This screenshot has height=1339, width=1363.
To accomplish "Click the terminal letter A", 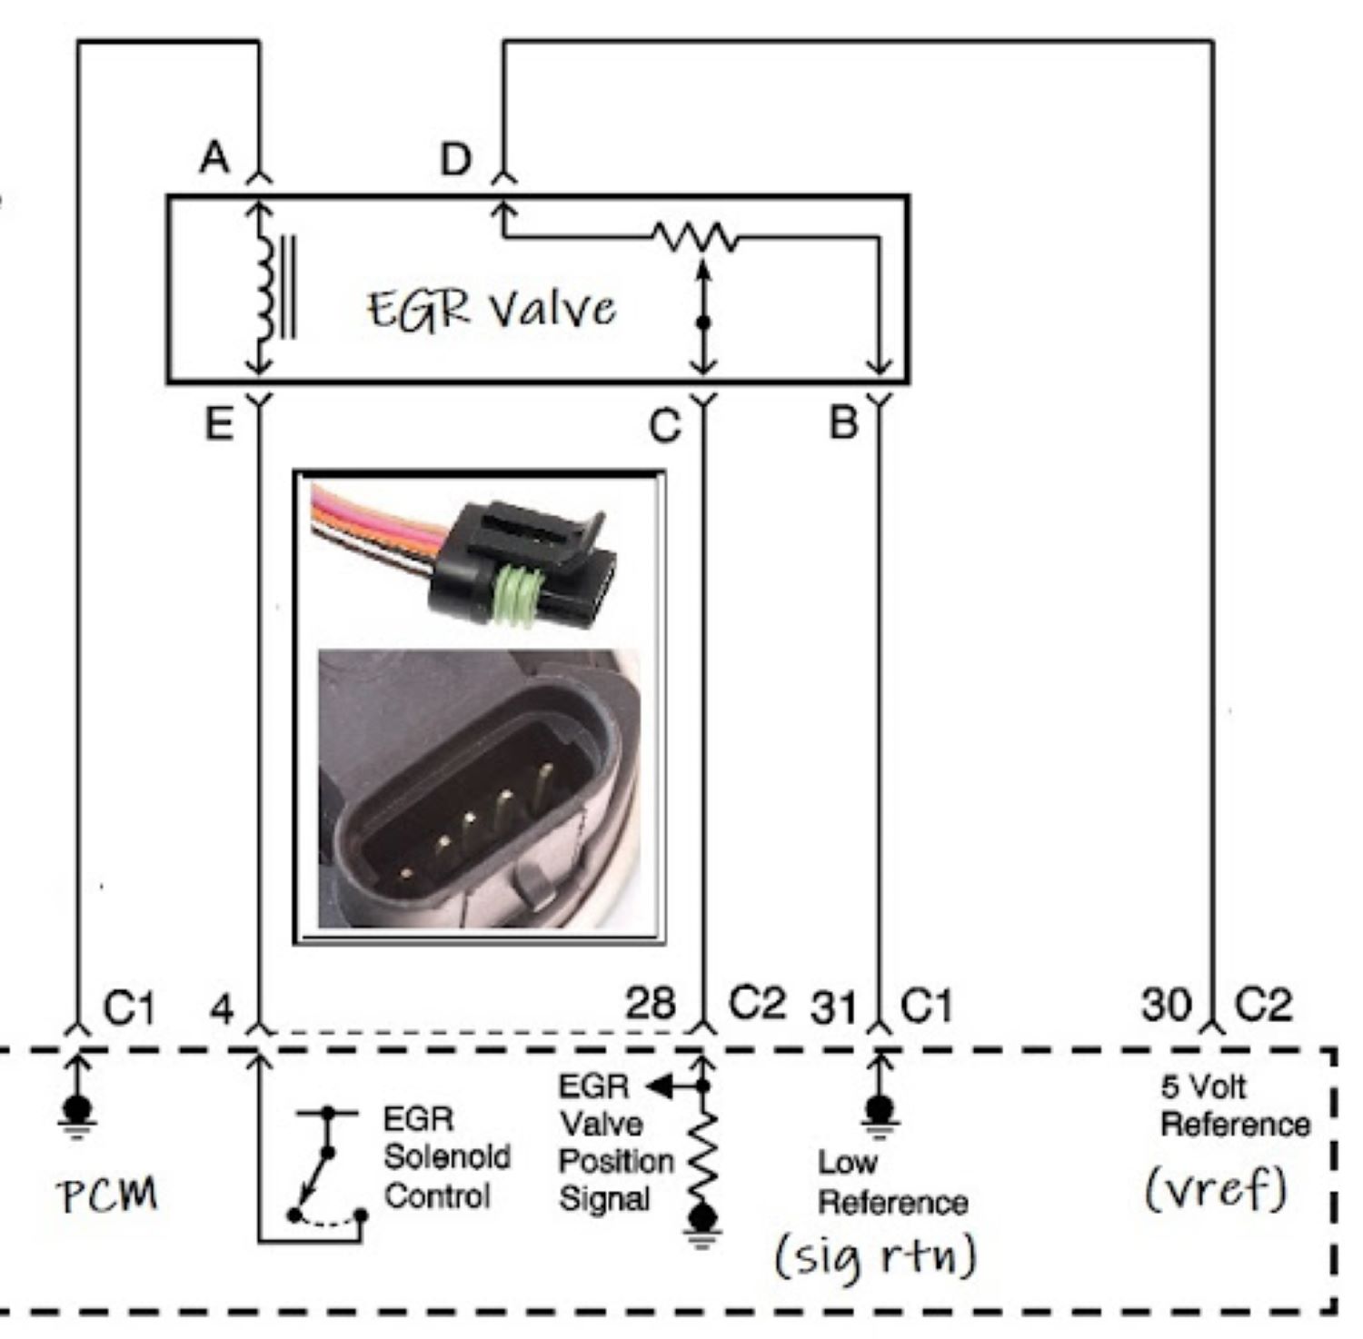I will pyautogui.click(x=214, y=158).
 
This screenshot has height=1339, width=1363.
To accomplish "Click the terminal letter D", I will pyautogui.click(x=456, y=159).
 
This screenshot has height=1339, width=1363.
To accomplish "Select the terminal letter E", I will pyautogui.click(x=218, y=422).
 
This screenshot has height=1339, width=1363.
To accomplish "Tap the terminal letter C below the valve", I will pyautogui.click(x=665, y=424).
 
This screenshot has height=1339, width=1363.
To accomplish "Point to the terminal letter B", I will pyautogui.click(x=843, y=422).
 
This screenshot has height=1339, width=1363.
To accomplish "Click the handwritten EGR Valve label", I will pyautogui.click(x=491, y=310).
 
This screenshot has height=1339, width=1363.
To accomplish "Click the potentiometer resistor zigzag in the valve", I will pyautogui.click(x=696, y=238).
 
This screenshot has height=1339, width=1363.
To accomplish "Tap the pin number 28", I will pyautogui.click(x=650, y=1004).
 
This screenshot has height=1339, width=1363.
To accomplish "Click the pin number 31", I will pyautogui.click(x=832, y=1007).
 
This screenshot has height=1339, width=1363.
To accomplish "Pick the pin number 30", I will pyautogui.click(x=1166, y=1005).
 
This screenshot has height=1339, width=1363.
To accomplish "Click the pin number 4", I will pyautogui.click(x=222, y=1008).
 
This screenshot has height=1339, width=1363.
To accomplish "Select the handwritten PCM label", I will pyautogui.click(x=108, y=1195).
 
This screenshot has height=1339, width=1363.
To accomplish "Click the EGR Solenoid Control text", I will pyautogui.click(x=445, y=1157).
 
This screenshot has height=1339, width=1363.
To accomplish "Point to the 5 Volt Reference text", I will pyautogui.click(x=1234, y=1106).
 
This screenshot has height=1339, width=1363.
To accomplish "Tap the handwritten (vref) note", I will pyautogui.click(x=1215, y=1188).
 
